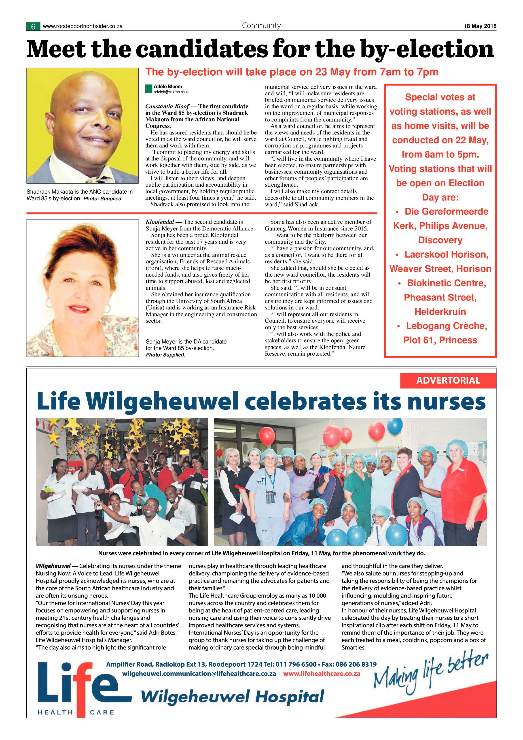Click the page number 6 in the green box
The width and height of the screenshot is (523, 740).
click(x=33, y=26)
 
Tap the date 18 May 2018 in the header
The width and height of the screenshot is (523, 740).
click(x=480, y=26)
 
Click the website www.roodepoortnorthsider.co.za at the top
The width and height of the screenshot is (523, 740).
click(x=83, y=26)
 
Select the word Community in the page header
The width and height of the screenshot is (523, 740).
click(x=261, y=26)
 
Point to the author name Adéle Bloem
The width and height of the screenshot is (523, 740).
click(x=168, y=86)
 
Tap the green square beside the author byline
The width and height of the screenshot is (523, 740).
click(x=148, y=89)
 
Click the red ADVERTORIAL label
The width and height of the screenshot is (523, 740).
click(x=448, y=380)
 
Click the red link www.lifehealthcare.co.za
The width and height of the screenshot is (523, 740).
click(x=321, y=674)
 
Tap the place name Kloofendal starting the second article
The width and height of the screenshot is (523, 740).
click(x=160, y=222)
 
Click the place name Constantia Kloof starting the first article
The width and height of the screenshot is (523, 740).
click(x=167, y=106)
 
